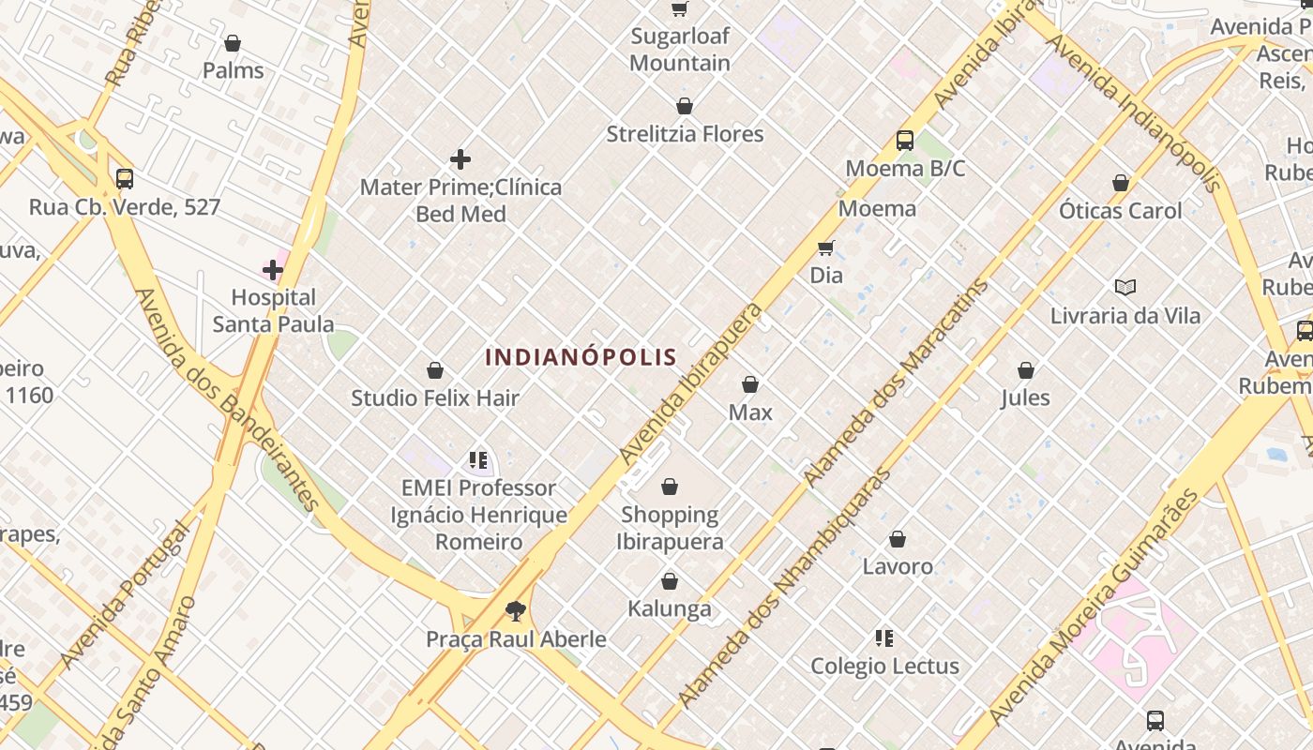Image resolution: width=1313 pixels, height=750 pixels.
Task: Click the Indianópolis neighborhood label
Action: point(581,357)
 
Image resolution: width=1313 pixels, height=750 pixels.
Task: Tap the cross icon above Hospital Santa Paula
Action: point(273,270)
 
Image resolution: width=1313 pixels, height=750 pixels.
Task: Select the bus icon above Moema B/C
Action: point(905,141)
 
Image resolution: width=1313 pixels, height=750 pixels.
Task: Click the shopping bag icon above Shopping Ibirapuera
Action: point(670,487)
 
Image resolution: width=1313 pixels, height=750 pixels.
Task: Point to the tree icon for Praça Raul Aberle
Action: point(515,611)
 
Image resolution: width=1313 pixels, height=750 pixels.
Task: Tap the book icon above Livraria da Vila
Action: point(1124,288)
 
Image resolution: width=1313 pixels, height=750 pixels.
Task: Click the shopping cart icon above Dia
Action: point(825,247)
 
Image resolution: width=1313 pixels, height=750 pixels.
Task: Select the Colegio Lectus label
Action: point(884,667)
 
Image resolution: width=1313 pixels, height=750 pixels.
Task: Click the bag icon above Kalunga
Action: point(670,582)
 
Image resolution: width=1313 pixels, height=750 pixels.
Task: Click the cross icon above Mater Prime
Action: point(460,159)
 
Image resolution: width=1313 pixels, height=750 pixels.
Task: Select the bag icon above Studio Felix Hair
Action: point(435,371)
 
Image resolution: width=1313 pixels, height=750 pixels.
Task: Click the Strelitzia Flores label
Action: point(685,134)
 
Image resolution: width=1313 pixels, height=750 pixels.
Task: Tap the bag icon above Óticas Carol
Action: point(1121,183)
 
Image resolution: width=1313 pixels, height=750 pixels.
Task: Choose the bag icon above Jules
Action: point(1026,370)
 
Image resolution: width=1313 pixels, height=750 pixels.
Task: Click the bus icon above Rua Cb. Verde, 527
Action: point(124,179)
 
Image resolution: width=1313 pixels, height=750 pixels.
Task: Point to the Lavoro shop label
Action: point(898,566)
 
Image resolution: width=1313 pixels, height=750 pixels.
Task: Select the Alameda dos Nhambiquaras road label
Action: point(785,588)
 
